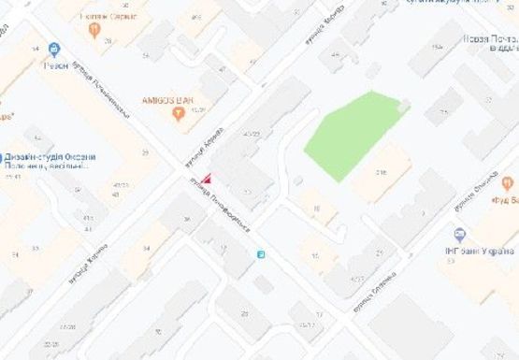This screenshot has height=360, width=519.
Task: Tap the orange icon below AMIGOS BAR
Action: (x=179, y=114)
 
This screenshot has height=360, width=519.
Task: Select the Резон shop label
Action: (x=57, y=66)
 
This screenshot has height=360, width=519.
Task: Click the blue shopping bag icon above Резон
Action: (x=56, y=50)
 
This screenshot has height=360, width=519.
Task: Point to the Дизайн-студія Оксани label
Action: (x=44, y=157)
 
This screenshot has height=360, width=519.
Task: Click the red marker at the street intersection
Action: (x=208, y=179)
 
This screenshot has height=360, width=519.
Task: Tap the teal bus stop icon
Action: (x=261, y=253)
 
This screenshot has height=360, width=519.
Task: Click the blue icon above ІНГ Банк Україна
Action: (x=459, y=235)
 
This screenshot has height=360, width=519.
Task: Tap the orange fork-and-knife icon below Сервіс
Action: (x=94, y=31)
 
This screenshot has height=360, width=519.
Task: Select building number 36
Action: (x=186, y=221)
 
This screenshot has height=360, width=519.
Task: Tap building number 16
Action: (x=318, y=209)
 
